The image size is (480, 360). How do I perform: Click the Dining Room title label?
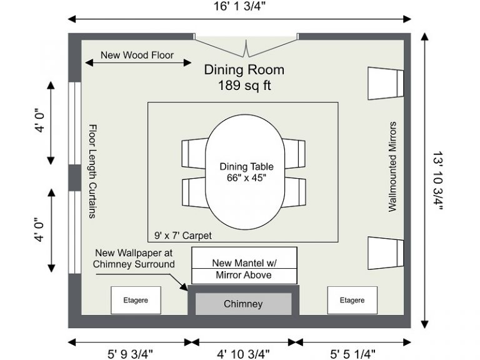[x=244, y=70]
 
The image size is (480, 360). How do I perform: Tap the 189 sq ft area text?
[x=244, y=86]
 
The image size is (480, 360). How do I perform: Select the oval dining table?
[x=245, y=172]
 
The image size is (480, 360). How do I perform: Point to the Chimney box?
[x=243, y=304]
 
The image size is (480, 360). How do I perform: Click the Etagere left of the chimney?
[x=136, y=300]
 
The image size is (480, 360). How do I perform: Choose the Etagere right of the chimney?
[x=352, y=300]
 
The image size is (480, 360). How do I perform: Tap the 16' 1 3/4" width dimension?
[x=239, y=6]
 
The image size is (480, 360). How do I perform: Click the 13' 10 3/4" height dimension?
[x=437, y=181]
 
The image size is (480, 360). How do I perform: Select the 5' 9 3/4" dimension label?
[x=130, y=354]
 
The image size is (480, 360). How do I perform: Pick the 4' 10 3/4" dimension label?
[x=243, y=354]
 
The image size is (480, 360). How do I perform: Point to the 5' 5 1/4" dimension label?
[x=352, y=354]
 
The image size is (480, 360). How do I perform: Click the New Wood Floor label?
[x=137, y=55]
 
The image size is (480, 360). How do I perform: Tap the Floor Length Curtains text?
[x=92, y=171]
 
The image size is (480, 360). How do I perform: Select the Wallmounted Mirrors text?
[x=392, y=167]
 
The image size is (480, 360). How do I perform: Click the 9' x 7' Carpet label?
[x=183, y=236]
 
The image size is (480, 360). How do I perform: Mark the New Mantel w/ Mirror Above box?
[x=244, y=266]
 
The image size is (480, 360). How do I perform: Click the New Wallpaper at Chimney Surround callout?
[x=134, y=258]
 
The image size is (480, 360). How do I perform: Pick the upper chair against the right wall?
[x=386, y=83]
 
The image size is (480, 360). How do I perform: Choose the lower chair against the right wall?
[x=386, y=253]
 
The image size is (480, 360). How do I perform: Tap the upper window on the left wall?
[x=75, y=123]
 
